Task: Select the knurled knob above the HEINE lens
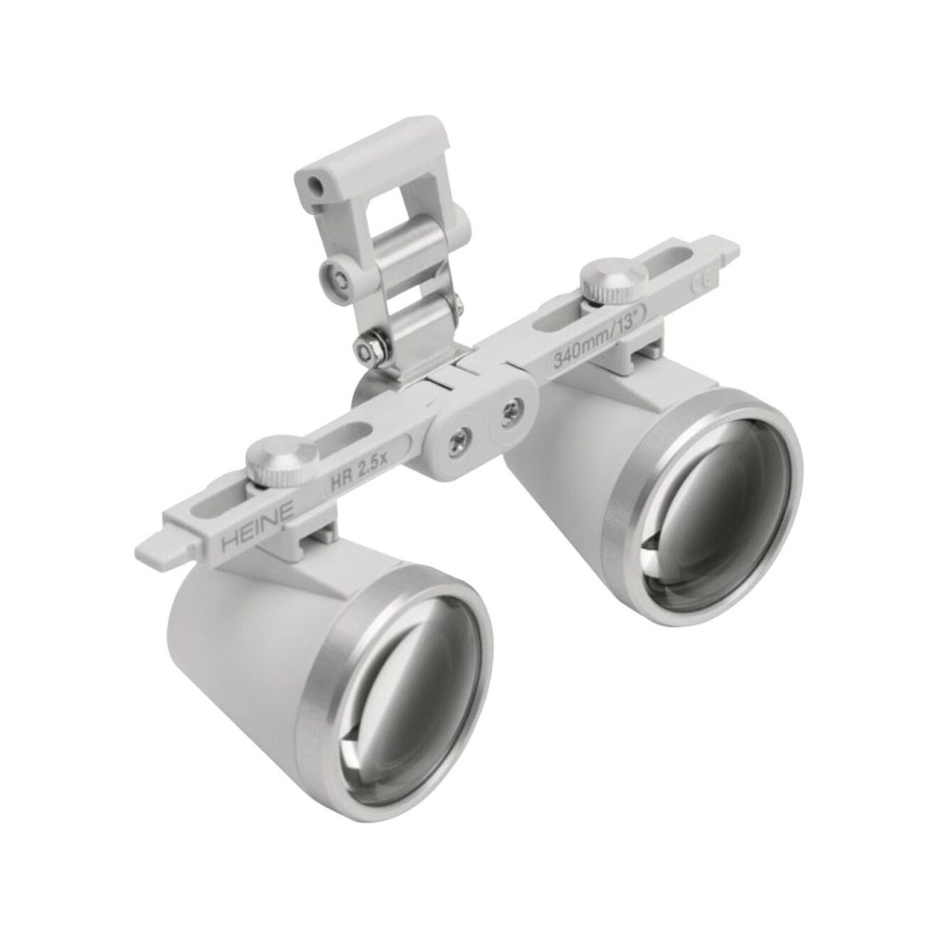click(x=282, y=459)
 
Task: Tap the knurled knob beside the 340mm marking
click(x=612, y=279)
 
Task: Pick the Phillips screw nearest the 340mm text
click(x=511, y=410)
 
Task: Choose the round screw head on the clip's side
click(x=336, y=275)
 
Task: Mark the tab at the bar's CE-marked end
click(x=728, y=248)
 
